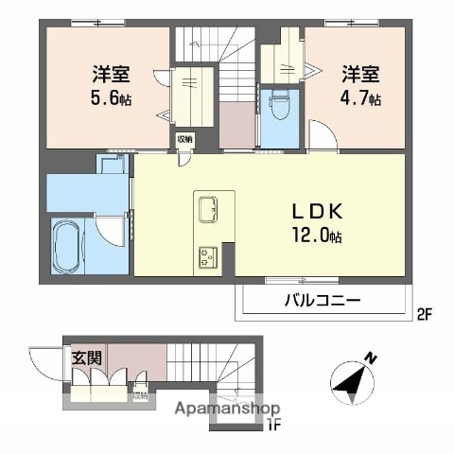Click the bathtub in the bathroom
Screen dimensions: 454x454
(x=67, y=245)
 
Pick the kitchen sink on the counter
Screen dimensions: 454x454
(x=208, y=204)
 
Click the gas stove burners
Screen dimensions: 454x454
(x=207, y=254)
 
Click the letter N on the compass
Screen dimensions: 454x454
(x=371, y=358)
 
